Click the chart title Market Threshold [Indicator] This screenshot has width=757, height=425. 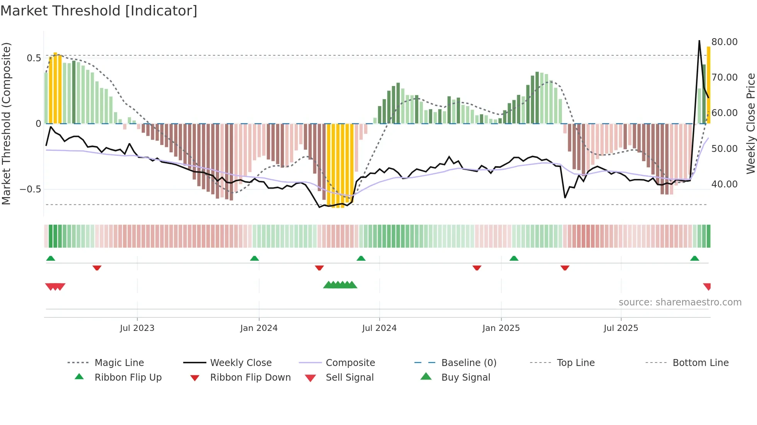pyautogui.click(x=99, y=11)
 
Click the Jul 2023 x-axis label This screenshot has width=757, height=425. pyautogui.click(x=137, y=328)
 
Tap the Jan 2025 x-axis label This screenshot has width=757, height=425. pyautogui.click(x=501, y=328)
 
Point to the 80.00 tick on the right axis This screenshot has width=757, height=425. pyautogui.click(x=724, y=42)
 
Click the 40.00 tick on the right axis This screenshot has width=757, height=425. pyautogui.click(x=724, y=184)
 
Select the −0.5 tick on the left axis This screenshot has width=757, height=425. pyautogui.click(x=30, y=189)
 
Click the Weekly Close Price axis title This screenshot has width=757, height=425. pyautogui.click(x=750, y=123)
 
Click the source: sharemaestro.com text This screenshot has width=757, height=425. pyautogui.click(x=680, y=302)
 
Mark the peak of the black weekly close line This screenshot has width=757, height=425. pyautogui.click(x=699, y=40)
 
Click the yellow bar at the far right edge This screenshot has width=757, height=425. pyautogui.click(x=708, y=85)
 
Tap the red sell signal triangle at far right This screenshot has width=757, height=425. pyautogui.click(x=707, y=286)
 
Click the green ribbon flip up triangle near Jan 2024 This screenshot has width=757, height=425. pyautogui.click(x=254, y=258)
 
